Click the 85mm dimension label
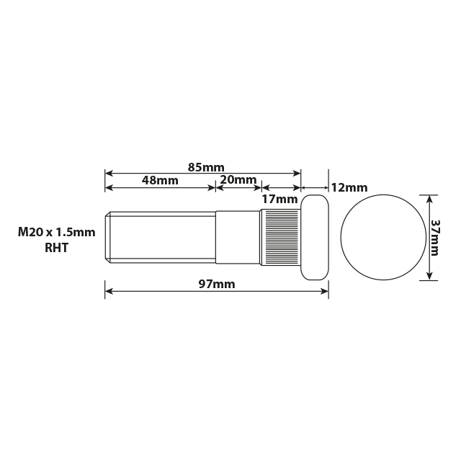(206, 167)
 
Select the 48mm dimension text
(160, 180)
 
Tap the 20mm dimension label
(238, 179)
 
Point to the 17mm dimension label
(279, 199)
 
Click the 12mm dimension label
(349, 187)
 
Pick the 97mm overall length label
(217, 284)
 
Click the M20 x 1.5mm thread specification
(56, 233)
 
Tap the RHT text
(56, 249)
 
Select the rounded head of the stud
(315, 237)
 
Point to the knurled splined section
(280, 237)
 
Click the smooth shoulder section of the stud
(238, 237)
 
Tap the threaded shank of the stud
(162, 237)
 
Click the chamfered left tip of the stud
(107, 237)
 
